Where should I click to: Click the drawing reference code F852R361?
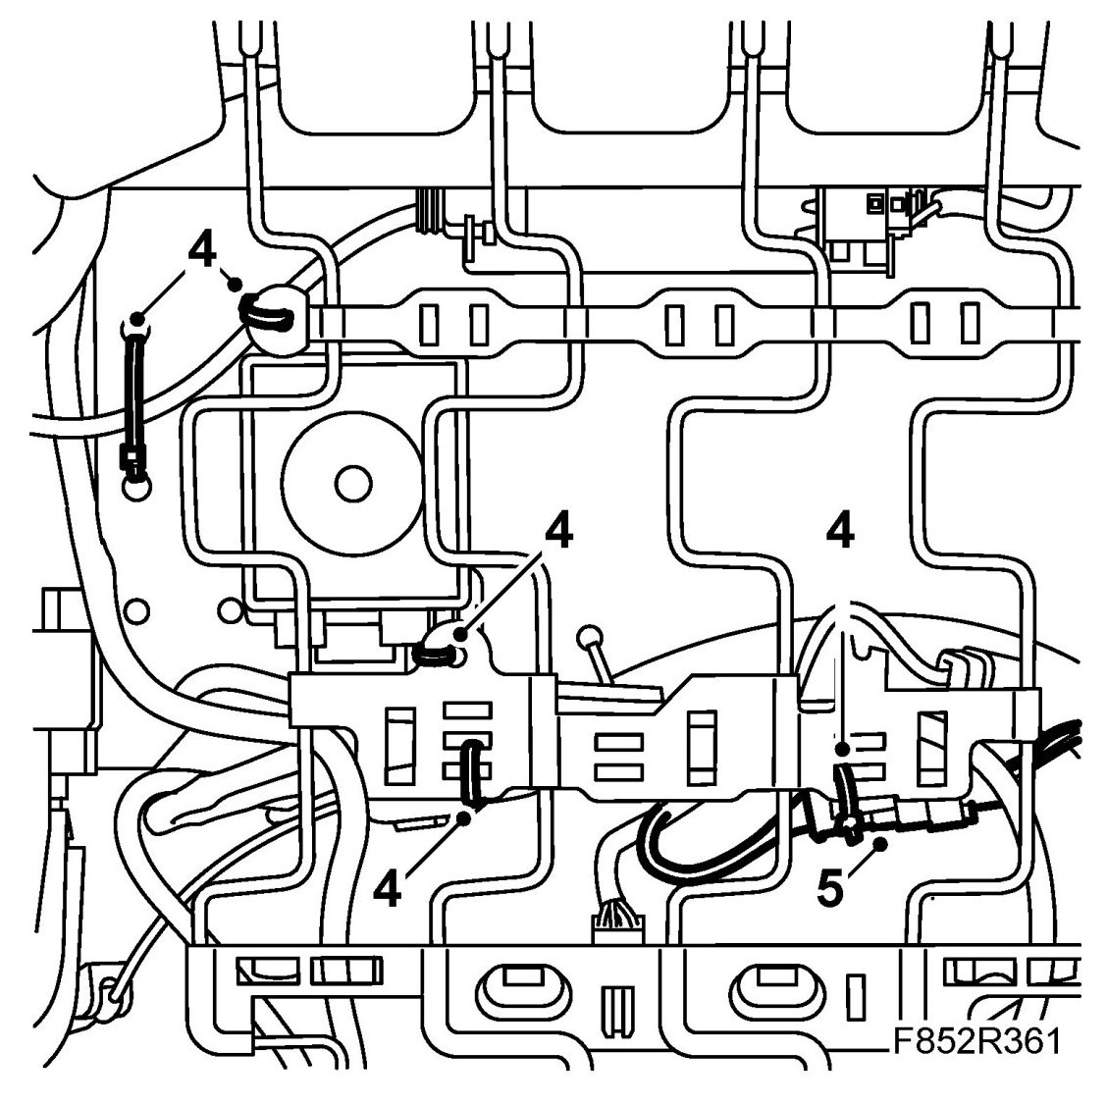(975, 1040)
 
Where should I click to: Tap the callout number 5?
(831, 890)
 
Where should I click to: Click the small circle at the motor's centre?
(348, 482)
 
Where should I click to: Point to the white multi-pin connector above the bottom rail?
(610, 926)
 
